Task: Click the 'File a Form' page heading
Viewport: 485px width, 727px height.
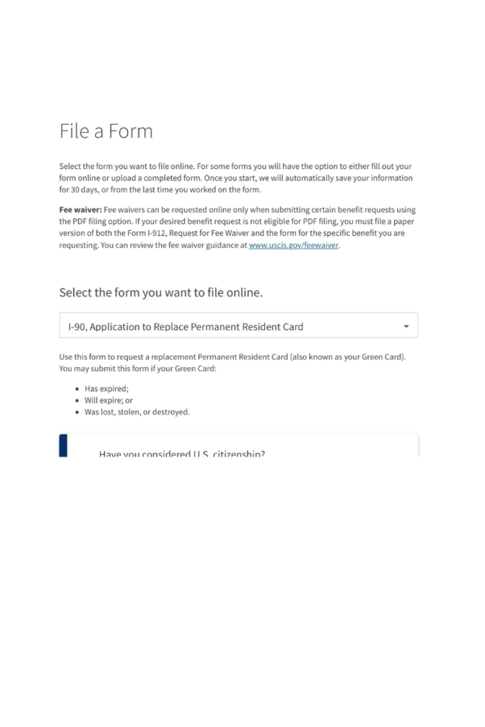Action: tap(106, 131)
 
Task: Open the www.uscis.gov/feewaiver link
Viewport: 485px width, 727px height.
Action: tap(293, 245)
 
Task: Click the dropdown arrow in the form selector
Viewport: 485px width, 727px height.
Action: tap(406, 327)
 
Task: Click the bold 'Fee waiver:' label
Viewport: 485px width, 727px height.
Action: tap(80, 210)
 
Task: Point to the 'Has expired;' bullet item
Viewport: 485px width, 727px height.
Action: tap(107, 388)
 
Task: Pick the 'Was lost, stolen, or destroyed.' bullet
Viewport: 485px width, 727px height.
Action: tap(137, 412)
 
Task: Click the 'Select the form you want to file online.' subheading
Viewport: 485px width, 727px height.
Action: tap(161, 293)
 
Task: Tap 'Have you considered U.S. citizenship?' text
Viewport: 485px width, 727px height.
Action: tap(182, 453)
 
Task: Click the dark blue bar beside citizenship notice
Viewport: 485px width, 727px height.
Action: tap(63, 445)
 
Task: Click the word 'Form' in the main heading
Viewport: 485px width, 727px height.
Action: tap(131, 131)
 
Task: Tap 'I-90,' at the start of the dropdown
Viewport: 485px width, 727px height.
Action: tap(77, 327)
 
